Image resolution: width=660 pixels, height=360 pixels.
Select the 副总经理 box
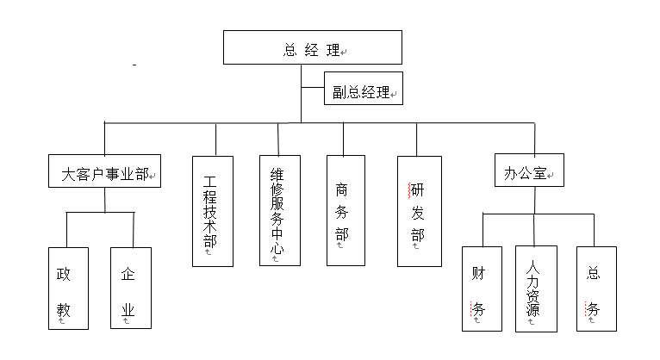pos(363,90)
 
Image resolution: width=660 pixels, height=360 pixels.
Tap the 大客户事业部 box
pos(105,174)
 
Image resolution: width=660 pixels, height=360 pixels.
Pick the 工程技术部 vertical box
pos(212,211)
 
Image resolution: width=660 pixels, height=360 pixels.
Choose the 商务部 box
pos(346,210)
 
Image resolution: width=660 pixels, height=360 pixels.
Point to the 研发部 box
pos(419,210)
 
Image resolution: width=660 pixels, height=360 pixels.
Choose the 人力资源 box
pos(536,289)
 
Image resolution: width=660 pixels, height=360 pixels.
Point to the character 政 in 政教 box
pos(64,274)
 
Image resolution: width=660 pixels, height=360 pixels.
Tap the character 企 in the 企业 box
pos(128,274)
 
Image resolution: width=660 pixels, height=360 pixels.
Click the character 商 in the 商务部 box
pos(342,189)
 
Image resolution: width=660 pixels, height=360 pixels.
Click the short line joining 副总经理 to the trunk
pos(312,87)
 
